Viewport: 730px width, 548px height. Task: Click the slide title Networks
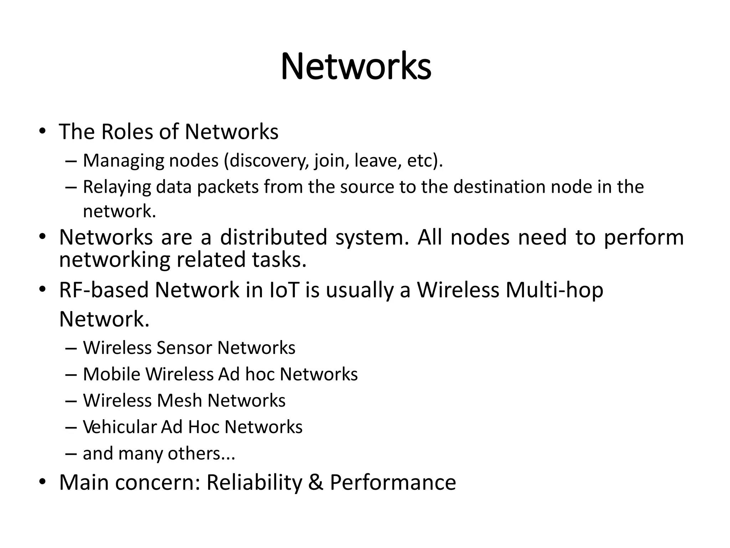[x=356, y=67]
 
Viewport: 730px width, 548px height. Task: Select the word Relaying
[x=117, y=187]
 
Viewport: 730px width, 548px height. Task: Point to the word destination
[x=499, y=187]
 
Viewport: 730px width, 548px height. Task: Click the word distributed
[x=273, y=237]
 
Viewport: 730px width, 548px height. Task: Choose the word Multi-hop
[x=554, y=290]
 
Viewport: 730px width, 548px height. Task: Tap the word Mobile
[x=112, y=374]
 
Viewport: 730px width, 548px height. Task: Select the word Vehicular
[x=119, y=427]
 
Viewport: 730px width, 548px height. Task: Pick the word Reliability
[x=254, y=483]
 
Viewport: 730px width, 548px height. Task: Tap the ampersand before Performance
[x=315, y=483]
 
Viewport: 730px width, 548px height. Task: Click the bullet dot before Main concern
[x=42, y=483]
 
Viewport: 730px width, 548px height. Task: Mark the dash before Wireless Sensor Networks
[x=71, y=348]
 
